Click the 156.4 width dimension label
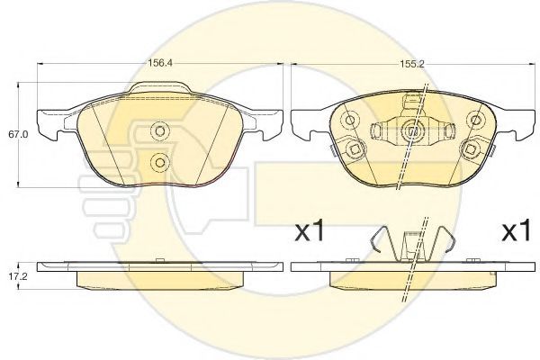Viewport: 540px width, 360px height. tap(160, 63)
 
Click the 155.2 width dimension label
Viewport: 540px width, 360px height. tap(412, 64)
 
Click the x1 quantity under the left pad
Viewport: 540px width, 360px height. tap(310, 231)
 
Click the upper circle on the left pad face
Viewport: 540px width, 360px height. tap(160, 130)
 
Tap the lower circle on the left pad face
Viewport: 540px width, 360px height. tap(160, 162)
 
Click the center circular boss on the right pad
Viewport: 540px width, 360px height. tap(412, 130)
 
